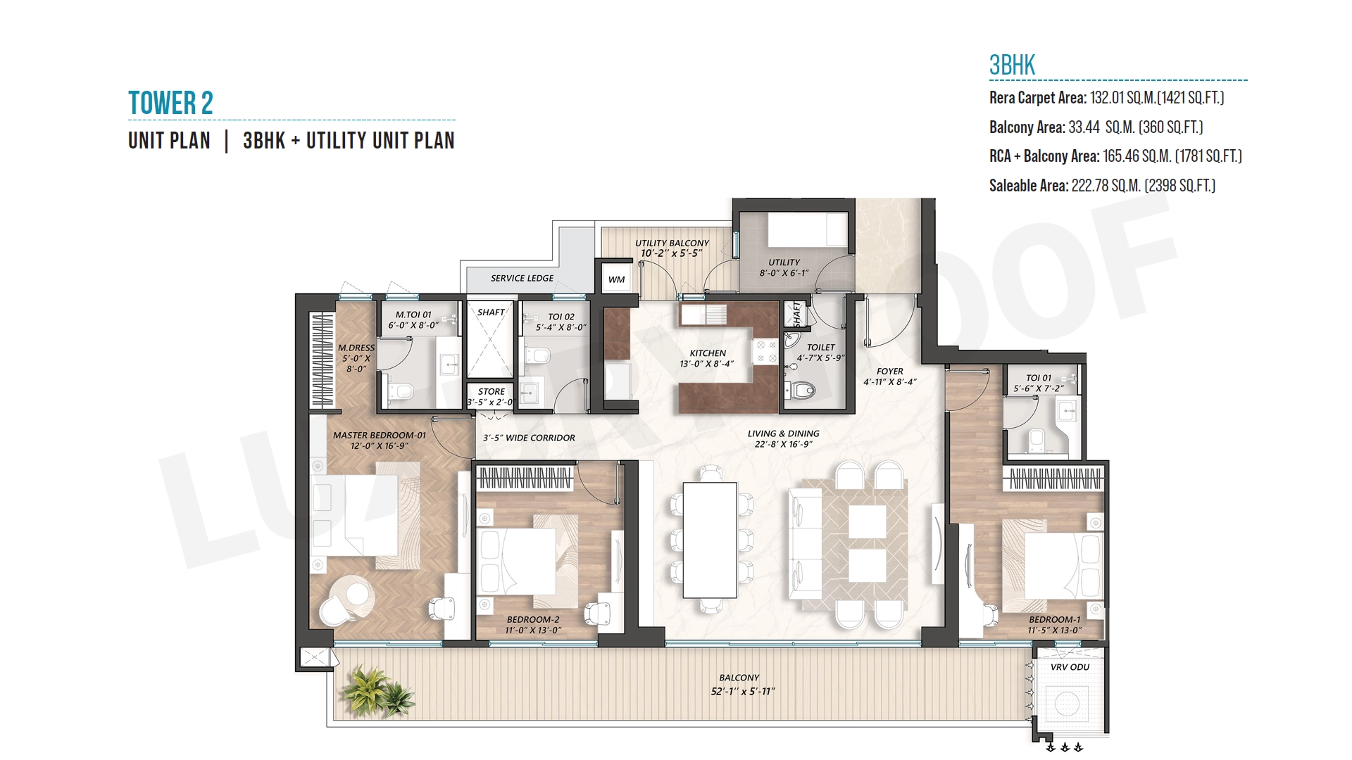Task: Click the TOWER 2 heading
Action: [x=170, y=103]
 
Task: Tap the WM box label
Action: [x=617, y=279]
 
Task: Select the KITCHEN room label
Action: [x=708, y=353]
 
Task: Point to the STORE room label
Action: [x=492, y=391]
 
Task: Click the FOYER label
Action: [x=890, y=371]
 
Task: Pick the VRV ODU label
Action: [x=1070, y=667]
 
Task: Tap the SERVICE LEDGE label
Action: [x=522, y=278]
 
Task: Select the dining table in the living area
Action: [x=710, y=540]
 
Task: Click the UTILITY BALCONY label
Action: [x=672, y=243]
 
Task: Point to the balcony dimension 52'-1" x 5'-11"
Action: [x=742, y=691]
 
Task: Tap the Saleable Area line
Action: [x=1102, y=186]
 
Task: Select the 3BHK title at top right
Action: [x=1012, y=65]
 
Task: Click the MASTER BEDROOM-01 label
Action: [x=380, y=435]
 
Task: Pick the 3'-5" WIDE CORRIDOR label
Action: [x=529, y=438]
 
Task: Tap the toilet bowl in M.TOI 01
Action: [x=401, y=391]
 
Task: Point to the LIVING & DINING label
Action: [x=783, y=433]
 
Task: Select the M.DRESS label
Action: [x=356, y=348]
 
